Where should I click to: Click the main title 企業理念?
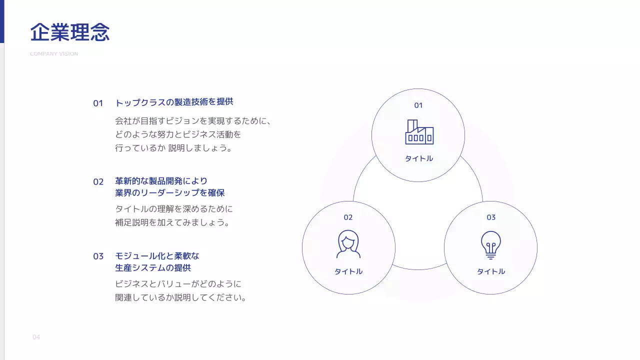click(x=70, y=32)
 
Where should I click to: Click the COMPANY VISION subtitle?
click(x=54, y=54)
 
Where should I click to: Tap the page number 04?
click(x=36, y=337)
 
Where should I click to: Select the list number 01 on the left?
click(x=98, y=103)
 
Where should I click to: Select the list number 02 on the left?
click(x=98, y=182)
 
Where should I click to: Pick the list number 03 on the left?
click(x=98, y=256)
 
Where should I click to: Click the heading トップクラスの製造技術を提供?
click(x=174, y=102)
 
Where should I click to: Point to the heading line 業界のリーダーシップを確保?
click(x=170, y=193)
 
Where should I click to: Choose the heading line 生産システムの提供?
click(x=153, y=268)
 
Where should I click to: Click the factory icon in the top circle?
click(x=419, y=132)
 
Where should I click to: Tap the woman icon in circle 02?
click(x=348, y=243)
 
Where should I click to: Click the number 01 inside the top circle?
click(x=418, y=105)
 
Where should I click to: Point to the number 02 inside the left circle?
click(x=348, y=217)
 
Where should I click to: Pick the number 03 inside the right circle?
click(x=491, y=217)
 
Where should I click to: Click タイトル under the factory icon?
click(x=419, y=159)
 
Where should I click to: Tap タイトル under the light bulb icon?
click(x=491, y=271)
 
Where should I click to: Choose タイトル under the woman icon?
click(x=348, y=271)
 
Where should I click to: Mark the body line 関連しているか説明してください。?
click(x=181, y=298)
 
